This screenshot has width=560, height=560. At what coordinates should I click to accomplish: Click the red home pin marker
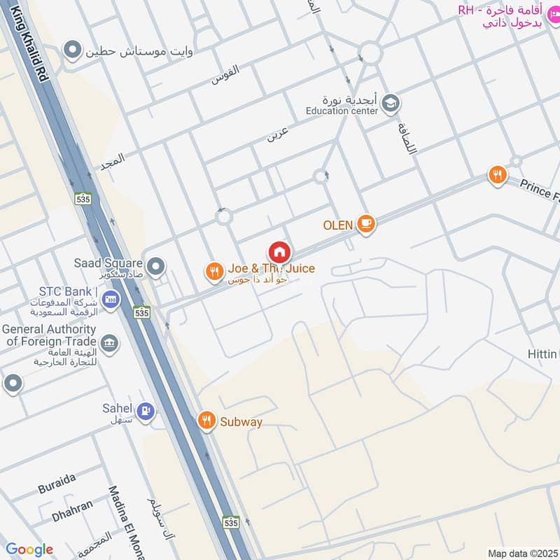(x=279, y=252)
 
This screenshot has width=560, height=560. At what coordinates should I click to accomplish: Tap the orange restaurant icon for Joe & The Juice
(x=213, y=271)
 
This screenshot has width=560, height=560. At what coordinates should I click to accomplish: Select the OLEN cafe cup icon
(x=365, y=224)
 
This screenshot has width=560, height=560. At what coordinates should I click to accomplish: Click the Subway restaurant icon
(x=206, y=420)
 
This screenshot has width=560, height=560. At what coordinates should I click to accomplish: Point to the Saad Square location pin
(x=156, y=266)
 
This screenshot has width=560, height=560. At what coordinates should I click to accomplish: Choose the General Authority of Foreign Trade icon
(x=110, y=343)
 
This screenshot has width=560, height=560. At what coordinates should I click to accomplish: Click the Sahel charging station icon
(x=145, y=411)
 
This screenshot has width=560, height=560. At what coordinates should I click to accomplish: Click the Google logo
(x=29, y=549)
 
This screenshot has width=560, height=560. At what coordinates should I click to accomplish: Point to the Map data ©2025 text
(x=521, y=553)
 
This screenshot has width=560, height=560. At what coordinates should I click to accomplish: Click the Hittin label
(x=543, y=355)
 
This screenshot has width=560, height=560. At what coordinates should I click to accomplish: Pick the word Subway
(x=241, y=421)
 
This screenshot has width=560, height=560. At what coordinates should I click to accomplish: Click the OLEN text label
(x=337, y=225)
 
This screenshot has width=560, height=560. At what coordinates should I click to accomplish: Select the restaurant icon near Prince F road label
(x=497, y=175)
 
